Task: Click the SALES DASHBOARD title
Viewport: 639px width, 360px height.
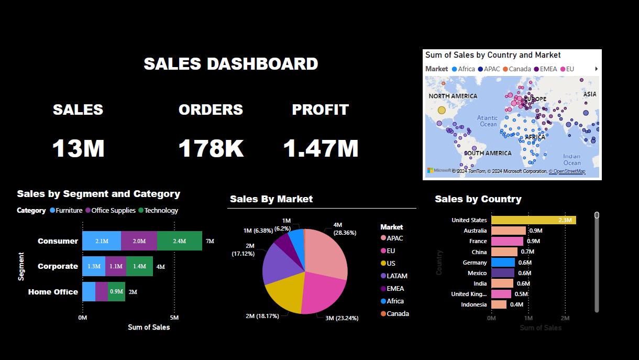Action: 231,64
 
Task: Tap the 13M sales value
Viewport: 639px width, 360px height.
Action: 79,149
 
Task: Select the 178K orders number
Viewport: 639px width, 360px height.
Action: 211,149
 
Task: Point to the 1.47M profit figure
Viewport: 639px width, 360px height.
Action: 321,149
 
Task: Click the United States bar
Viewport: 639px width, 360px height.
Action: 533,220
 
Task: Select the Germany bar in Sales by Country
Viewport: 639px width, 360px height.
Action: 503,263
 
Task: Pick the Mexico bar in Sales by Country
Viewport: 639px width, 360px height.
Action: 503,273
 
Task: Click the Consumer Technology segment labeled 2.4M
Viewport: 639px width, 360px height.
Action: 179,241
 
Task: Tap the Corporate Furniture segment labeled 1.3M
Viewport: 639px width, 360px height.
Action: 94,266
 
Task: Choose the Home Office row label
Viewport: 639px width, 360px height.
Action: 53,292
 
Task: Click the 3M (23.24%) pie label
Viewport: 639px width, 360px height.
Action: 338,318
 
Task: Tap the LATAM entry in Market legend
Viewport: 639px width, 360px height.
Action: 396,276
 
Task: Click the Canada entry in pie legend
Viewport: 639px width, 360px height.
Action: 398,313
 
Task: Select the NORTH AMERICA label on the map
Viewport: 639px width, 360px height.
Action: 453,96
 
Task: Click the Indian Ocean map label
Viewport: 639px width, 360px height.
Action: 571,159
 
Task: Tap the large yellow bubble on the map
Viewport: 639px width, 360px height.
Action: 442,111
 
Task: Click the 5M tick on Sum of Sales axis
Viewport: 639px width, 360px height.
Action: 174,318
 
